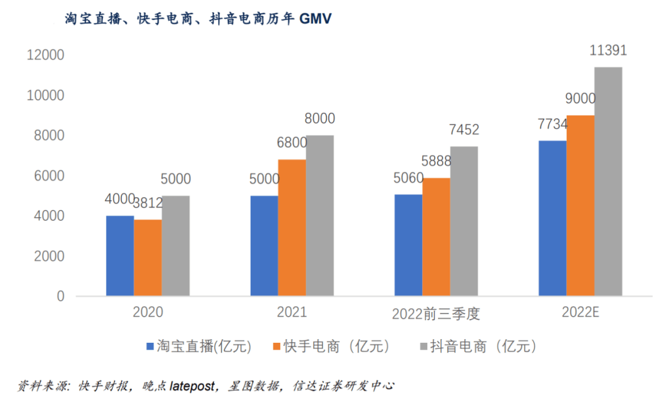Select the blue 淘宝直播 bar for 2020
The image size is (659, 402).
tap(120, 256)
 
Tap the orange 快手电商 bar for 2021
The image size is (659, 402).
tap(292, 228)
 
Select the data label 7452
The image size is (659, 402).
tap(464, 130)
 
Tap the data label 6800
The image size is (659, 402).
tap(292, 143)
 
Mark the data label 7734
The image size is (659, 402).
tap(553, 124)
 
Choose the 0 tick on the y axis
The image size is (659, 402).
tap(60, 296)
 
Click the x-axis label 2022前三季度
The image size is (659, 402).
tap(436, 314)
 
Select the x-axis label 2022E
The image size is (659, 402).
tap(580, 313)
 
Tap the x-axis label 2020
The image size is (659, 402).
tap(148, 313)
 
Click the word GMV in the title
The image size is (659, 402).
tap(315, 19)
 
